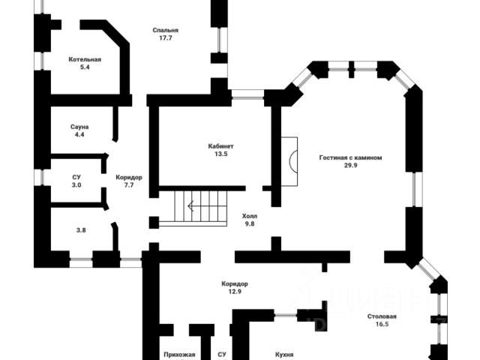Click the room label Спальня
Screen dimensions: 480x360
[x=165, y=30]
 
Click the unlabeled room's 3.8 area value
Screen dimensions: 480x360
[x=80, y=230]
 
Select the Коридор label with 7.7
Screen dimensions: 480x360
[x=129, y=177]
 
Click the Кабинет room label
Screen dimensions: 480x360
[x=221, y=145]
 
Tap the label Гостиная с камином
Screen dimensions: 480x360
[x=351, y=158]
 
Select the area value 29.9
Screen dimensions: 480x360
[x=351, y=166]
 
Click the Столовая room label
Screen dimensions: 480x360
[x=382, y=316]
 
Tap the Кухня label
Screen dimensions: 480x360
[x=283, y=354]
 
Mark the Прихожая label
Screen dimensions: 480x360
[x=179, y=354]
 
